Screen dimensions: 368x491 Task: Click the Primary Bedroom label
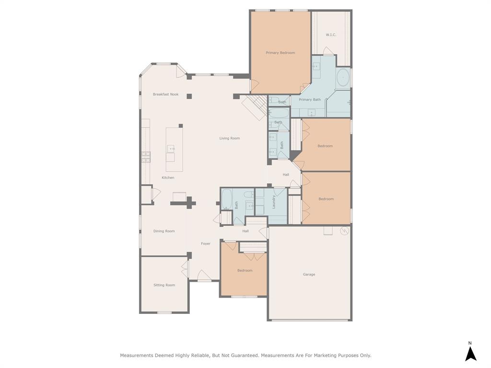coord(281,53)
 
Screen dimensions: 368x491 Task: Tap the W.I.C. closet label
coord(331,35)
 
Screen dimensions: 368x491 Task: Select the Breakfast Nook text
coord(165,94)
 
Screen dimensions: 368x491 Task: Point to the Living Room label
coord(230,138)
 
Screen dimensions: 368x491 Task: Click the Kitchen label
coord(168,178)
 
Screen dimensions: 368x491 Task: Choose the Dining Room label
coord(164,231)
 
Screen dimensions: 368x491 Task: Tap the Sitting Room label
coord(164,285)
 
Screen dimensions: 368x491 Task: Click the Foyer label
coord(206,244)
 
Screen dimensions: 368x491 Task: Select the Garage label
coord(309,275)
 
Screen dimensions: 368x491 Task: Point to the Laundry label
coord(274,202)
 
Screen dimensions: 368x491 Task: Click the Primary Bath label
coord(310,100)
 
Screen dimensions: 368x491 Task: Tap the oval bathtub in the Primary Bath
coord(343,78)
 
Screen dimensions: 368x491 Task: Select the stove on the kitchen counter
coord(146,157)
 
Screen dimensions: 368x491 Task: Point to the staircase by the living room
coord(254,105)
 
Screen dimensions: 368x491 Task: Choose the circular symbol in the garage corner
coord(343,231)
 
